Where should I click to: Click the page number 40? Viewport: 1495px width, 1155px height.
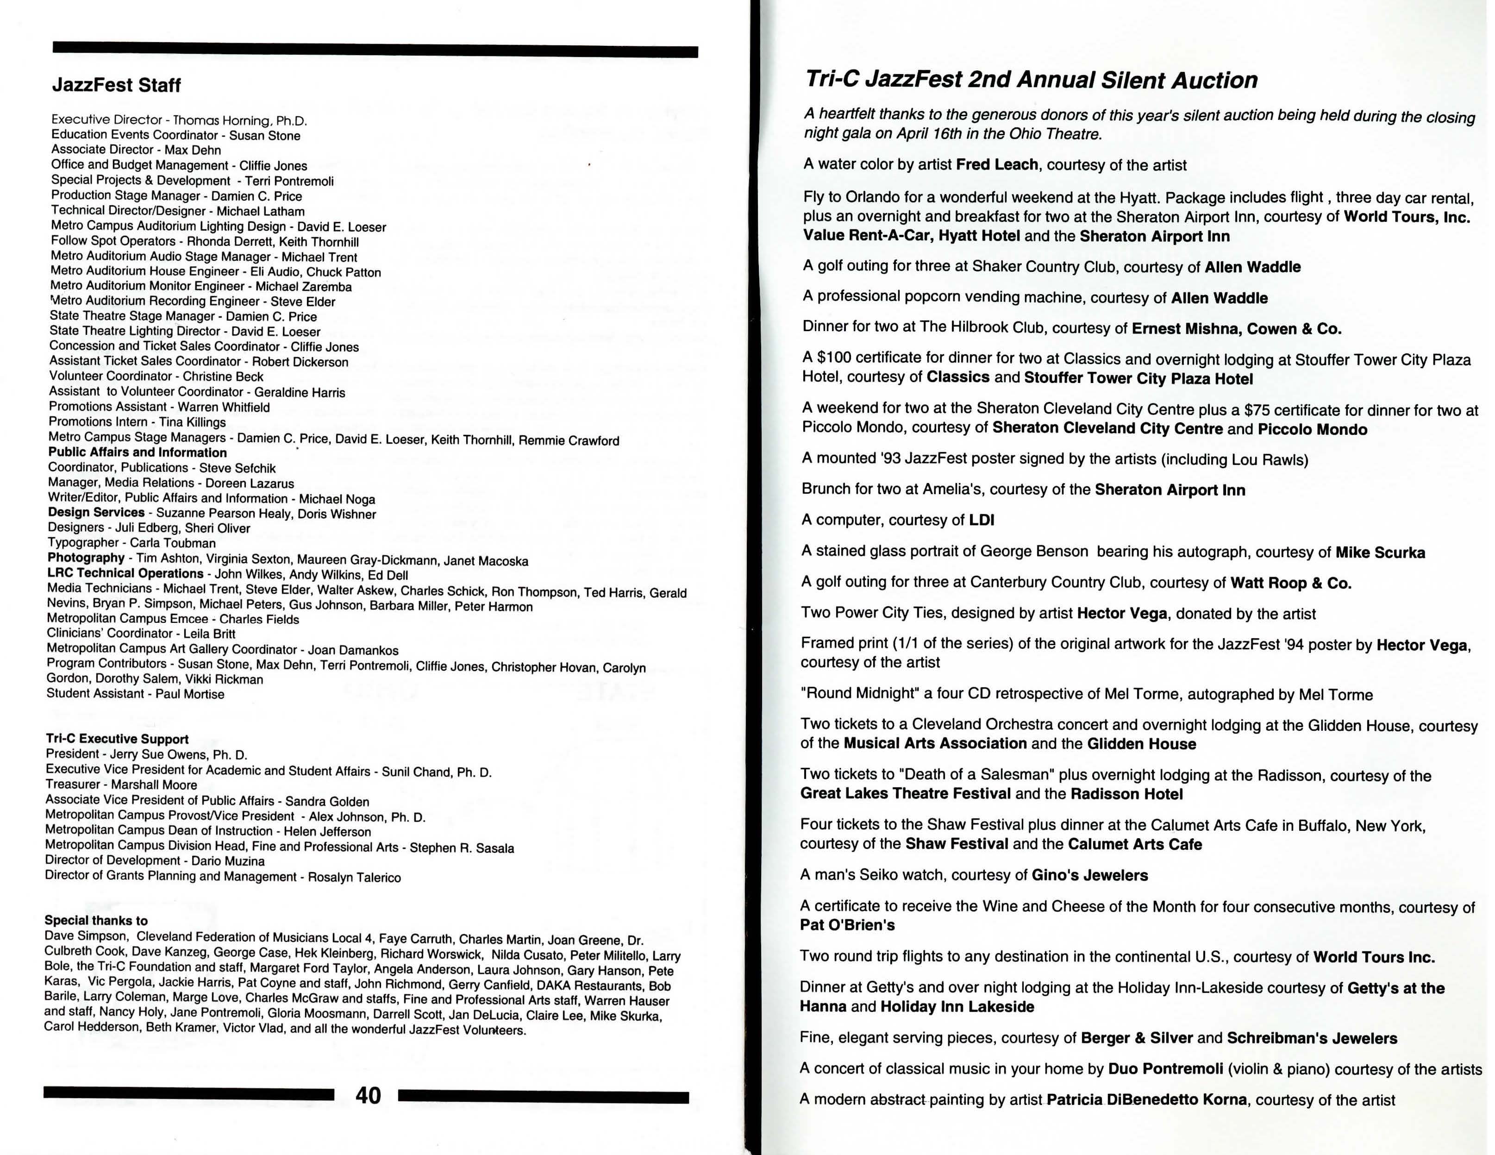coord(368,1095)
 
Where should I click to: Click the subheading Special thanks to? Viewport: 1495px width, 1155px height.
coord(96,920)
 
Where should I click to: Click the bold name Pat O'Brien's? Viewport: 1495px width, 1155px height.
coord(847,925)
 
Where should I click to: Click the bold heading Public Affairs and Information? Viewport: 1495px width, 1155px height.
coord(137,452)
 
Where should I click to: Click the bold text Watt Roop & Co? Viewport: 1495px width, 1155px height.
coord(1290,584)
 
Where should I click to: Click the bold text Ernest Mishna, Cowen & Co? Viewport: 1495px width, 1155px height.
coord(1236,329)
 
